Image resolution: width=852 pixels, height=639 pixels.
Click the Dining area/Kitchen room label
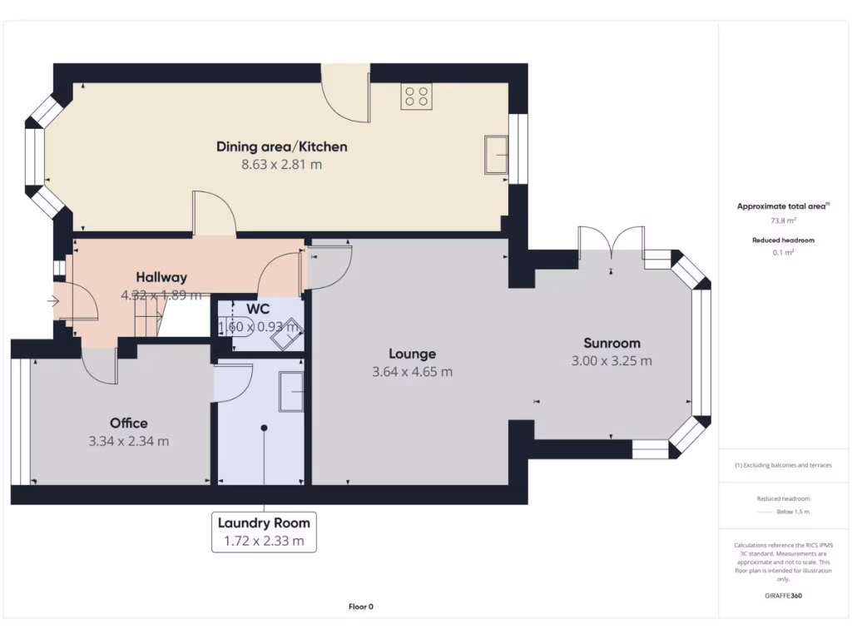pos(281,146)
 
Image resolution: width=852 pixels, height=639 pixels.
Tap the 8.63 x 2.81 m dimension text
pos(281,165)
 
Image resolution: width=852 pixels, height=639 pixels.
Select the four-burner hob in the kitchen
pos(416,97)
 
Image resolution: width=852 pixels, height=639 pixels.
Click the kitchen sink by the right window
pos(498,156)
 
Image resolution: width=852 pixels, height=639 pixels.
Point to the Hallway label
pos(161,277)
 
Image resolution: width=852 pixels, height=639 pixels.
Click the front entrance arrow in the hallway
pos(55,301)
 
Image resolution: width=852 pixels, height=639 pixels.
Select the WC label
pos(258,309)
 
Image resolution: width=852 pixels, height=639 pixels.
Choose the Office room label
pos(128,424)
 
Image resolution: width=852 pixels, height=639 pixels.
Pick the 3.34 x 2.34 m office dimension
pos(128,442)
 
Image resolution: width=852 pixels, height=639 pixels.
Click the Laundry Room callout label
pos(264,523)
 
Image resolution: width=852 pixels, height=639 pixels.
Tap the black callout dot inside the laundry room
pos(264,428)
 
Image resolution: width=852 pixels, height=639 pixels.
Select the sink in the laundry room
pos(291,392)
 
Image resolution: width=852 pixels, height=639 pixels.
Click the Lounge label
pos(412,354)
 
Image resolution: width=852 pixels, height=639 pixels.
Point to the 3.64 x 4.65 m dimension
pos(412,372)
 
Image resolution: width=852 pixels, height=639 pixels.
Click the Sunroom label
pos(612,343)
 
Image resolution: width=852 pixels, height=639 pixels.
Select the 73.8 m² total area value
pos(782,221)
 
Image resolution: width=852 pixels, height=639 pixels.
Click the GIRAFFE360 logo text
pos(782,596)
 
